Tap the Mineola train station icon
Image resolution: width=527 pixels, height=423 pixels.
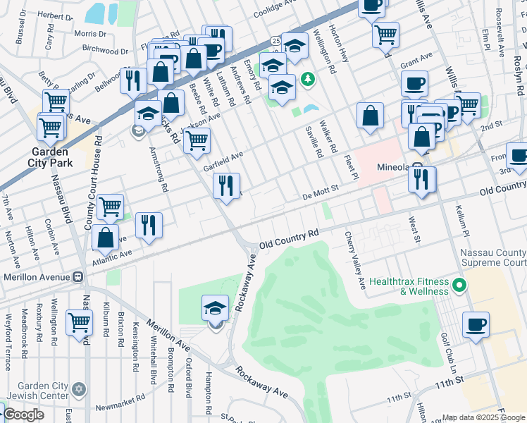[418, 169]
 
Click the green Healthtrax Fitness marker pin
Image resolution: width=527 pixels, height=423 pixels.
[459, 286]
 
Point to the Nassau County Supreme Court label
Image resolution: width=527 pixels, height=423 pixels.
[493, 258]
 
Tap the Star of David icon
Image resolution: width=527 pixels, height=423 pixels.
[79, 389]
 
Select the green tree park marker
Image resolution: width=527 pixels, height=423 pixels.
[307, 79]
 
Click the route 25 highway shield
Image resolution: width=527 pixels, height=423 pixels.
[275, 42]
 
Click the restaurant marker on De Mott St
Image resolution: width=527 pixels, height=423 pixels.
[226, 186]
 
